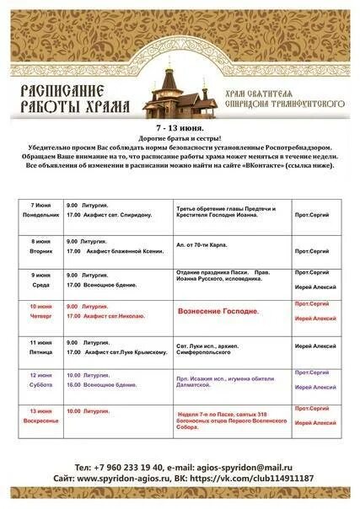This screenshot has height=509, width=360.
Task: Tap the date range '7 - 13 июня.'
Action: pos(179,126)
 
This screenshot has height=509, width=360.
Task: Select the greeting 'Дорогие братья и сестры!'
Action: pos(179,137)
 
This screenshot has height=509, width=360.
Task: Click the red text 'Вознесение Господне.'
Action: pos(218,312)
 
